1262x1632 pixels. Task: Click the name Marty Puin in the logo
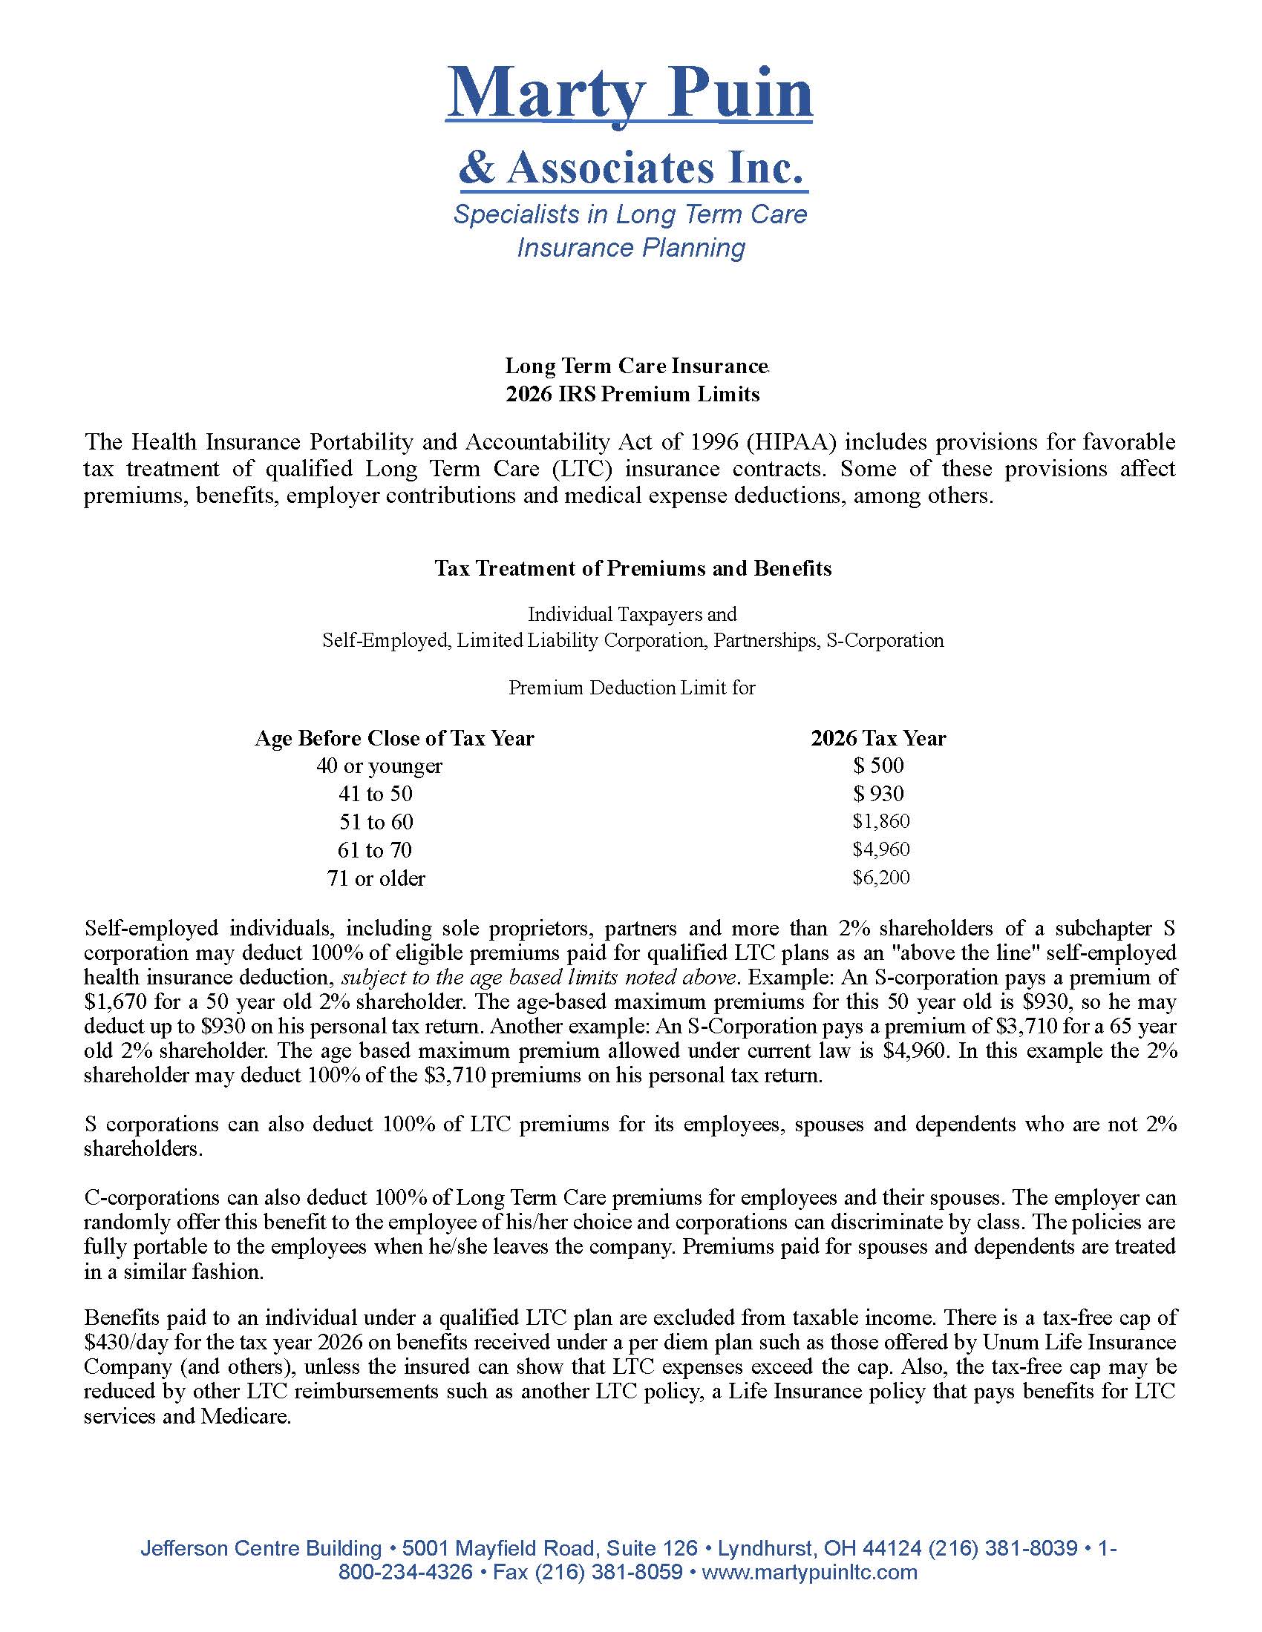(x=630, y=93)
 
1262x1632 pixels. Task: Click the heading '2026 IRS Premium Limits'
(x=632, y=394)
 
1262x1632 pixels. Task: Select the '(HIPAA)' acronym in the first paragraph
(x=794, y=441)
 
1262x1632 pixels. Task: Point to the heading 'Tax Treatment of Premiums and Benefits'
(x=632, y=569)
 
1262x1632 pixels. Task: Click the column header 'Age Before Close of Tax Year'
(x=394, y=738)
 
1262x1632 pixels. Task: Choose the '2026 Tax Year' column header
(x=877, y=738)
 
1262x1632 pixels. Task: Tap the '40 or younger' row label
(x=379, y=766)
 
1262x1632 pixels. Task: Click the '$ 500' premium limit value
(x=878, y=766)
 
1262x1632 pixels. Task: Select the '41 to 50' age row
(x=376, y=794)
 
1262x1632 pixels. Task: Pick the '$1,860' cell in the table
(x=880, y=822)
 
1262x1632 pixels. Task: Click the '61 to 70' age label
(x=376, y=849)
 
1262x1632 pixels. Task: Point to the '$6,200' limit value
(x=880, y=878)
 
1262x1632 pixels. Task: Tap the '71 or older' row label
(x=376, y=878)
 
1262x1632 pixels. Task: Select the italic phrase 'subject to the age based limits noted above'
(x=538, y=978)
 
